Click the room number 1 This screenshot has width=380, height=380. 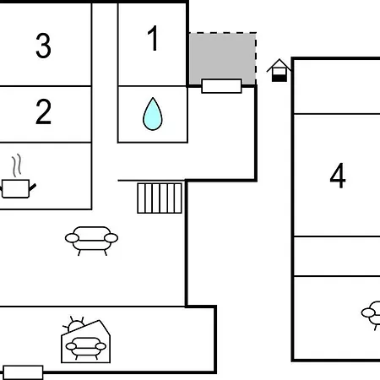[x=153, y=38]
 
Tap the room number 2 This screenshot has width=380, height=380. [x=44, y=111]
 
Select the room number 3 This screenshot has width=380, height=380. [x=43, y=46]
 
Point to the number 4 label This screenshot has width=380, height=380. [x=338, y=176]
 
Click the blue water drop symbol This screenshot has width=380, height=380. [x=153, y=114]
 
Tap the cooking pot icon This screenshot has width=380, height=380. [x=18, y=188]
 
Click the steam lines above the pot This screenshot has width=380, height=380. [x=17, y=166]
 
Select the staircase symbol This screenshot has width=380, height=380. [x=160, y=198]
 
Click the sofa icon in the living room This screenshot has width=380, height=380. [x=91, y=241]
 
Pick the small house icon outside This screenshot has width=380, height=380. [x=279, y=70]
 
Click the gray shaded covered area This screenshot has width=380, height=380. [x=222, y=57]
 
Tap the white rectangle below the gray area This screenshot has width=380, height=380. [x=221, y=86]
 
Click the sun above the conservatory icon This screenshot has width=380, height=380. [x=74, y=324]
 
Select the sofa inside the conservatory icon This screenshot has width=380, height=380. [x=86, y=348]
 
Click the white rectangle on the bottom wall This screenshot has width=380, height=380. [x=23, y=372]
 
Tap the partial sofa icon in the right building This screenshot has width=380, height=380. [x=371, y=314]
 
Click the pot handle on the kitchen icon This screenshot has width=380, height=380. [x=33, y=187]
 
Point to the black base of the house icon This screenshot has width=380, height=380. [x=280, y=79]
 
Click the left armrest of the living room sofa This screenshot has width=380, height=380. [x=72, y=238]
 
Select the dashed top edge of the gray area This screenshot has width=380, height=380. [x=222, y=33]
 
